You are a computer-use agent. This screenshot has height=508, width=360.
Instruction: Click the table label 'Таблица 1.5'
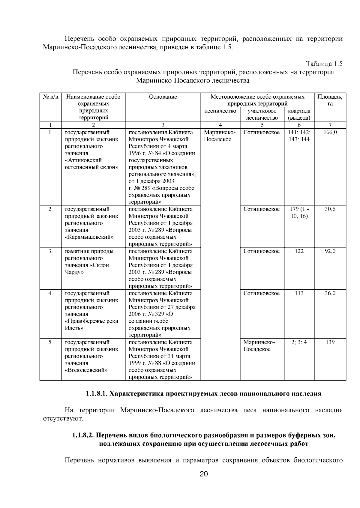coord(324,64)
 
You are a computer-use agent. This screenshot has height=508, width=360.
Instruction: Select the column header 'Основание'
coord(163,97)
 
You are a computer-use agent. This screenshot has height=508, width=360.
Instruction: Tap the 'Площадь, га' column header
coord(330,100)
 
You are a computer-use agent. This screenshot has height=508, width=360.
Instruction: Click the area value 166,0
coord(330,132)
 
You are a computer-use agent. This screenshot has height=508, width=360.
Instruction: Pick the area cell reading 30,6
coord(330,209)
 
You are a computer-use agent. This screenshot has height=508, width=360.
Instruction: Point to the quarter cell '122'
coord(299,251)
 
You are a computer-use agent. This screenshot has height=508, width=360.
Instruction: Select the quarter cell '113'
coord(299,293)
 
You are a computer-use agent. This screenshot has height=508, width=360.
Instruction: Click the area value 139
coord(330,342)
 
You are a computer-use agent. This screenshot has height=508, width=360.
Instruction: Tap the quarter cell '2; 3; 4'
coord(299,342)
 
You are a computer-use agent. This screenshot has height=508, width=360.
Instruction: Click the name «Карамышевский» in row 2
coord(89,237)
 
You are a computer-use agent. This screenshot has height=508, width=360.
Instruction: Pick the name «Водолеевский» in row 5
coord(86,370)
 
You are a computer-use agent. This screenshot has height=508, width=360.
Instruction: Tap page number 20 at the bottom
coord(204,474)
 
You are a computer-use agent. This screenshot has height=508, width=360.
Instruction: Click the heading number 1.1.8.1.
coord(96,394)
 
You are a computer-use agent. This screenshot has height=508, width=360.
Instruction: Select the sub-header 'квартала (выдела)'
coord(299,115)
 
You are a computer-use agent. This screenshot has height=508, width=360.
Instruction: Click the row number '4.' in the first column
coord(50,293)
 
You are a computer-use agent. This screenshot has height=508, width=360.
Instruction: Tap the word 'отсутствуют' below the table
coord(62,418)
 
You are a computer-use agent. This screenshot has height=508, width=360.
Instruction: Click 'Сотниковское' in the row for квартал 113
coord(262,293)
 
